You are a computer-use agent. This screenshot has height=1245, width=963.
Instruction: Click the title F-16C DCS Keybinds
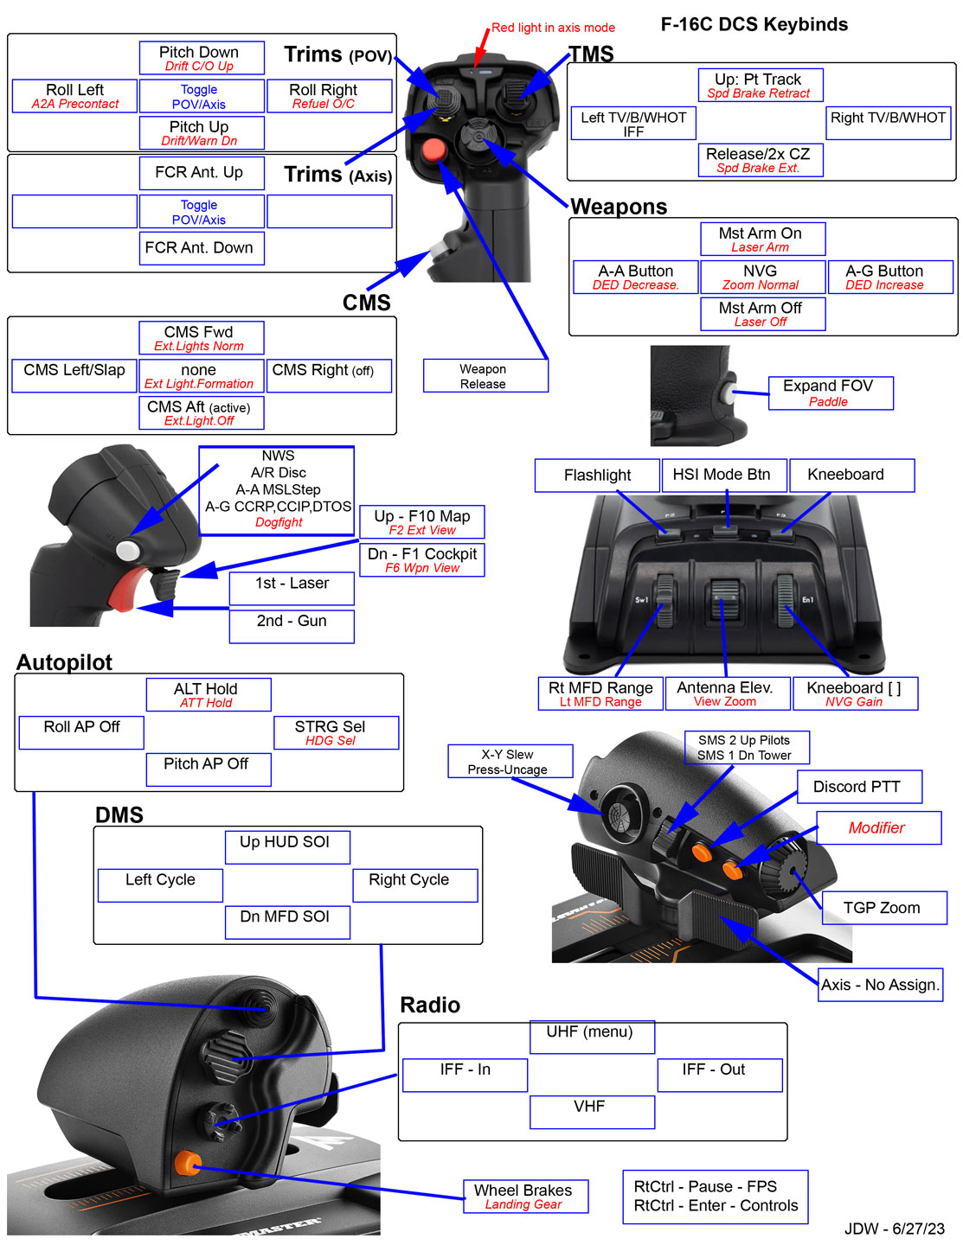(x=754, y=24)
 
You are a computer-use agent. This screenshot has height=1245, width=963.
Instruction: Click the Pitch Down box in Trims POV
(x=202, y=58)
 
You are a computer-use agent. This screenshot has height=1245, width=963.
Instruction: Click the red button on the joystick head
(x=433, y=150)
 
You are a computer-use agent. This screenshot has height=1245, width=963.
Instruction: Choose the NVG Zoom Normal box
(x=761, y=278)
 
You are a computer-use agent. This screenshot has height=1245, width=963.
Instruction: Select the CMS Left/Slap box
(x=74, y=375)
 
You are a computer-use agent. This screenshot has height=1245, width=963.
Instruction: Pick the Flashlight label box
(x=597, y=476)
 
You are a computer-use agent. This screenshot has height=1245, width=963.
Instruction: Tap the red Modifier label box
(x=878, y=827)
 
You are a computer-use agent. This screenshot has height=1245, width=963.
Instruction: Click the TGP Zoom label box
(x=883, y=908)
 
